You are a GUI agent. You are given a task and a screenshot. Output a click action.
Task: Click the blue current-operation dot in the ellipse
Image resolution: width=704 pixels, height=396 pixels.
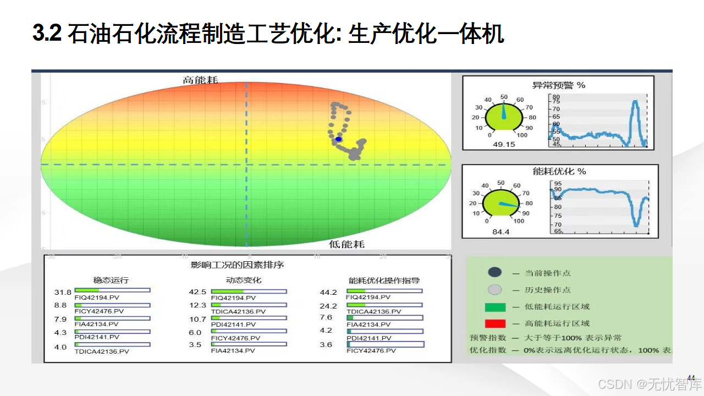[339, 140]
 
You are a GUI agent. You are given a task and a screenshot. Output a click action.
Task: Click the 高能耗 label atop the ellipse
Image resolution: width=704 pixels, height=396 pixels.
[200, 80]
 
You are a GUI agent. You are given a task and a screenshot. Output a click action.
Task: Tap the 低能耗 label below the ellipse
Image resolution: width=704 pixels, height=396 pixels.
[346, 244]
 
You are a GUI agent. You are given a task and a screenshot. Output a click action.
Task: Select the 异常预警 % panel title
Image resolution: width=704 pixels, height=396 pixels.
[559, 85]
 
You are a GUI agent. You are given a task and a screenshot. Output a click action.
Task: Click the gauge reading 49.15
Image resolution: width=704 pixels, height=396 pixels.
[503, 145]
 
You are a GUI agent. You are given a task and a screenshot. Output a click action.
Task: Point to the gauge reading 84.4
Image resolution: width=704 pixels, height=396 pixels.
[501, 232]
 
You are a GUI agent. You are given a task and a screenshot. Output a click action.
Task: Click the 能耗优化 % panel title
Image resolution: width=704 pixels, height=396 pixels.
[559, 172]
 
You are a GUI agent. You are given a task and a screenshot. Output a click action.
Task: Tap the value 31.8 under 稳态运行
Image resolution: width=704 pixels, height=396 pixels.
[63, 292]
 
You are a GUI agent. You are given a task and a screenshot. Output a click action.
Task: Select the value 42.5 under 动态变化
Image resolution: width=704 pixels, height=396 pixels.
[197, 292]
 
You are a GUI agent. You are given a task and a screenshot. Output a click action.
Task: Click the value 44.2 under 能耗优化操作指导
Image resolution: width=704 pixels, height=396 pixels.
[328, 293]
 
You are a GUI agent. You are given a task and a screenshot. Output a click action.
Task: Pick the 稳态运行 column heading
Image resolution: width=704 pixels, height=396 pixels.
[111, 280]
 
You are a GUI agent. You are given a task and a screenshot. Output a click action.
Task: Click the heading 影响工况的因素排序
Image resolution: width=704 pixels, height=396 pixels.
[237, 265]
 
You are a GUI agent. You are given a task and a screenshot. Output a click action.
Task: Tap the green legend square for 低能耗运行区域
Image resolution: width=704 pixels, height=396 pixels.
[495, 307]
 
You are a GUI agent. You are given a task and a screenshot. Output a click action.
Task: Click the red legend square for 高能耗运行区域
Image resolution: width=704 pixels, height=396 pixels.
[495, 323]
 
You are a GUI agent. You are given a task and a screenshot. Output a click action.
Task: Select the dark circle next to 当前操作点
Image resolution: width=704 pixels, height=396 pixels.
[495, 272]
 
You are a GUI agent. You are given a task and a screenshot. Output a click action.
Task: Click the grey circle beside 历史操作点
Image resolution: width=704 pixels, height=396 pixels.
[495, 289]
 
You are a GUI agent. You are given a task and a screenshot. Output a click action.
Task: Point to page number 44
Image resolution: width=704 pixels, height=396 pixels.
[691, 377]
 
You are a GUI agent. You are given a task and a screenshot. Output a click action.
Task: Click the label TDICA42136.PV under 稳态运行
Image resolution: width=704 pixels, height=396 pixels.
[102, 351]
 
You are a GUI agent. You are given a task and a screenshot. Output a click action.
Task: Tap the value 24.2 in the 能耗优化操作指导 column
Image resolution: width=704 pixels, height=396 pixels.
[328, 306]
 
